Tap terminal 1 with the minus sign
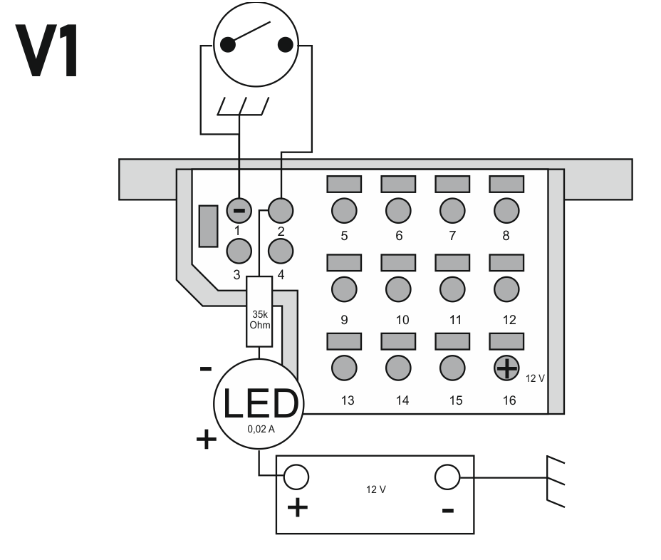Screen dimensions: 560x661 pos(239,210)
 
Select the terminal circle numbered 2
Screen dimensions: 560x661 pos(281,210)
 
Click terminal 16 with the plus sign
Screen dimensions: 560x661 pos(506,368)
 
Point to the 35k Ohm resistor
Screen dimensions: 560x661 pos(260,312)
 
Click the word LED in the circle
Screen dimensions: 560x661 pos(259,403)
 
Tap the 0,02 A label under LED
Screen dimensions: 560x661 pos(259,429)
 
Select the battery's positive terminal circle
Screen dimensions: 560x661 pos(296,477)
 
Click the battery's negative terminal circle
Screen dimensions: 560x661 pos(447,477)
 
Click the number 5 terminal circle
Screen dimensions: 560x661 pos(344,210)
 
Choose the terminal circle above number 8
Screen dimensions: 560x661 pos(506,210)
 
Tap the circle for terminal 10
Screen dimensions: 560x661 pos(399,289)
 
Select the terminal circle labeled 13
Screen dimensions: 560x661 pos(344,368)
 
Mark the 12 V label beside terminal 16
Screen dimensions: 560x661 pos(535,378)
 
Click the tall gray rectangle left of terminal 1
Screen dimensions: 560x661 pos(208,226)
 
